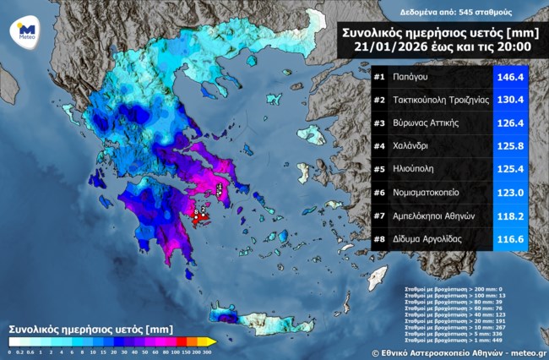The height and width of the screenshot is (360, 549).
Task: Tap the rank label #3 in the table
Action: click(x=380, y=123)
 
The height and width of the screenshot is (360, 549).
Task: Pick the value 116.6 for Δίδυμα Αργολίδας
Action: click(x=509, y=239)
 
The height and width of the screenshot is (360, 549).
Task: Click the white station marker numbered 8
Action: click(x=195, y=214)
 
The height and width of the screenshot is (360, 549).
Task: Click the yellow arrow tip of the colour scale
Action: click(x=213, y=341)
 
